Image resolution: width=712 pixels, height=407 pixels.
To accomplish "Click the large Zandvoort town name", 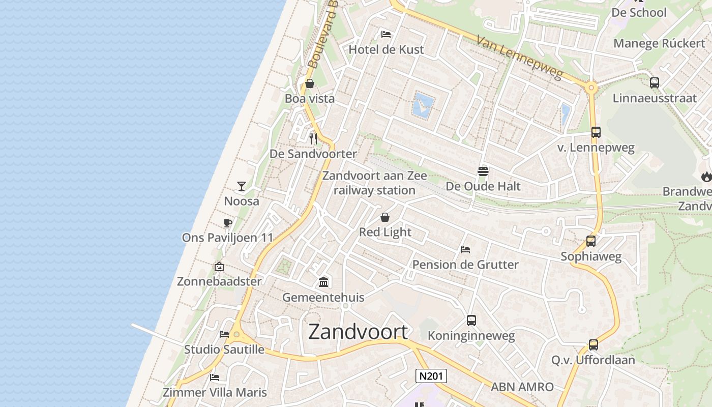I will (358, 332).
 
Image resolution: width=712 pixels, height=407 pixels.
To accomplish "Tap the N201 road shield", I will (431, 376).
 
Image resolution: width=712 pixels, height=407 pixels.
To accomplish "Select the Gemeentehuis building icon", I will (323, 282).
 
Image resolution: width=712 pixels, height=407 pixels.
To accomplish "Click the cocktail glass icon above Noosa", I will (242, 186).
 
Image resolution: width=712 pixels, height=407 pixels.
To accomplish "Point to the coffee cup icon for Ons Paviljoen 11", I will (228, 223).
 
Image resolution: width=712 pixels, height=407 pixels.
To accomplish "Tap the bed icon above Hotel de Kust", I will (386, 35).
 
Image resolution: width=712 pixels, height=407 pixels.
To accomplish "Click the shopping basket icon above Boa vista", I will (309, 83).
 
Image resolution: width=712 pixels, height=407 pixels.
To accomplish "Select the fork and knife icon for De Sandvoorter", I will (313, 138).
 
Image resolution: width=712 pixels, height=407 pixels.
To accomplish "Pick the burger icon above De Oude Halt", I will (483, 171).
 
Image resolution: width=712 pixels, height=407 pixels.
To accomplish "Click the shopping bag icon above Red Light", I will (385, 217).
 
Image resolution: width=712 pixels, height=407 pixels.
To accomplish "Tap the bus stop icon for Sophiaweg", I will (590, 241).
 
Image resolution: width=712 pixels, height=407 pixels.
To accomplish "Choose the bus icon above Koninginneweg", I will (471, 321).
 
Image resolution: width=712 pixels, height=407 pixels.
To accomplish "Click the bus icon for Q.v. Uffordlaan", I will (593, 345).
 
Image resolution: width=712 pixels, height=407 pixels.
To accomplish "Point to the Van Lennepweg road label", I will (520, 57).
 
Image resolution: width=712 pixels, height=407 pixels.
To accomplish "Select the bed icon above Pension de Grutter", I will (465, 250).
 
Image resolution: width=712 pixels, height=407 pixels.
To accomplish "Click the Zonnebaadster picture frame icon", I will (219, 267).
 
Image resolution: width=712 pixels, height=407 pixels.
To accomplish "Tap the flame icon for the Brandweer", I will (706, 177).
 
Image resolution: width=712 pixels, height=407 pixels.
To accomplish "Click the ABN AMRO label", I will (522, 387).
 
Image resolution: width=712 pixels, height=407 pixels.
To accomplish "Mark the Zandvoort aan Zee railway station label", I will (374, 183).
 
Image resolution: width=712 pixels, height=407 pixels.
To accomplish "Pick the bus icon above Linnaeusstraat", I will (654, 82).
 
